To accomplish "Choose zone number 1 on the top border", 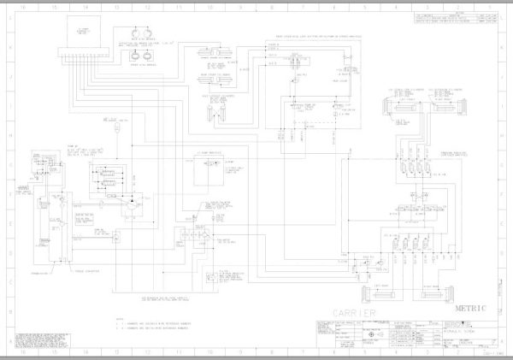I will tap(491, 5).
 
